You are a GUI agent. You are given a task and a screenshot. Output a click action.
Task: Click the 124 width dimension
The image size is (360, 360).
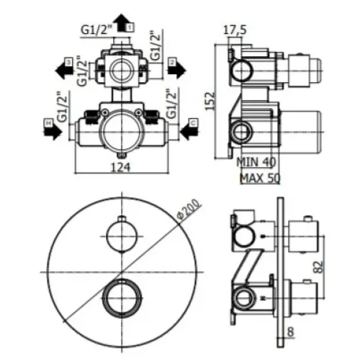(x=122, y=166)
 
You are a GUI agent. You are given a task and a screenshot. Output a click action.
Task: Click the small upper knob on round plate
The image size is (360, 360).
(x=118, y=235)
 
